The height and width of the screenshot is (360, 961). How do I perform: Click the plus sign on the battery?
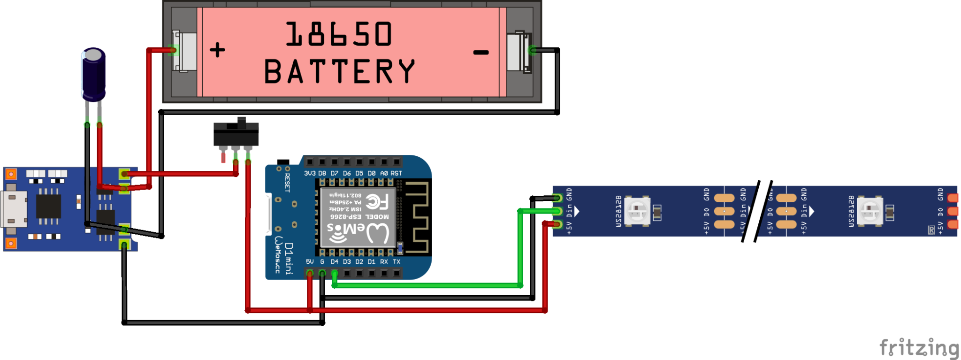coord(217,50)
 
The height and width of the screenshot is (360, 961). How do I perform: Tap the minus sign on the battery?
coord(481,52)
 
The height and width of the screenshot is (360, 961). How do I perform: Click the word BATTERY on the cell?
coord(340,71)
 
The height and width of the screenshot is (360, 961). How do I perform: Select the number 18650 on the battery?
coord(339,34)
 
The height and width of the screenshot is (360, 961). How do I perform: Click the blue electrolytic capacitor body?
coord(93,75)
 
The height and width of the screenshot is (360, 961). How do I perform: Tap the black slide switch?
coord(236,134)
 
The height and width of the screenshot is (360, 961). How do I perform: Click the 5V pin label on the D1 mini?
coord(310,262)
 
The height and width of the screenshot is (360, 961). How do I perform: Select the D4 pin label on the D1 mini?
coord(334,262)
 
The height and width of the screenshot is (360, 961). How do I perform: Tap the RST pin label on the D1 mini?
coord(397,173)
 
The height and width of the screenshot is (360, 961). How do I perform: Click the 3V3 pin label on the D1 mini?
coord(310,173)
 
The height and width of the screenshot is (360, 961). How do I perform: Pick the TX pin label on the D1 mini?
coord(397,262)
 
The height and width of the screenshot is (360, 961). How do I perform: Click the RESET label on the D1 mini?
coord(287,183)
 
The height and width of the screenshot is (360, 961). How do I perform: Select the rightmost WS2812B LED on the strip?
coord(870,211)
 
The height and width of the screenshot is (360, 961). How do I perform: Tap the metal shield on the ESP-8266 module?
coord(357,217)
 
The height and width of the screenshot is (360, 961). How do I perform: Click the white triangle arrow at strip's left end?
coord(577,211)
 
